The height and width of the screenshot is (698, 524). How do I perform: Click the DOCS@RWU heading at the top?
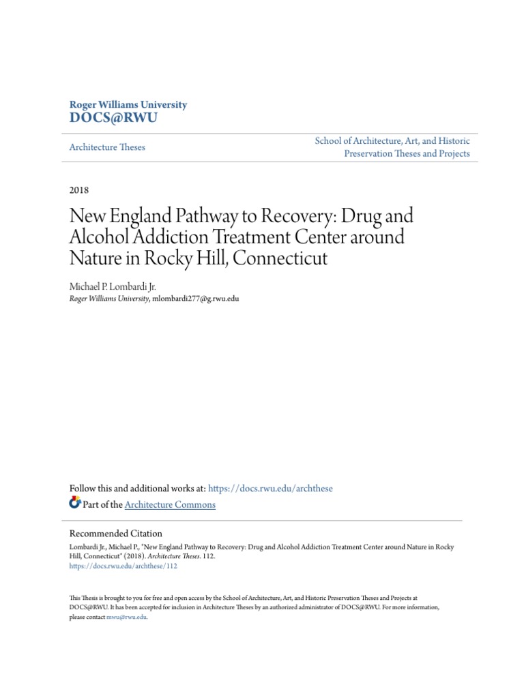click(113, 118)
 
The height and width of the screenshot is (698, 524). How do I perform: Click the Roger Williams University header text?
click(128, 105)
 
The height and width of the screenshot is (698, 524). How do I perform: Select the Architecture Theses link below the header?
click(107, 147)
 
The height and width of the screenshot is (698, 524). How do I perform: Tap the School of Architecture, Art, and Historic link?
click(392, 140)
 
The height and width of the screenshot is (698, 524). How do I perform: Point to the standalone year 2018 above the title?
click(79, 190)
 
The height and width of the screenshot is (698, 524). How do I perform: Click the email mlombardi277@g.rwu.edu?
click(196, 299)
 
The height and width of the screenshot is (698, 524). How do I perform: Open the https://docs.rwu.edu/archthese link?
click(270, 489)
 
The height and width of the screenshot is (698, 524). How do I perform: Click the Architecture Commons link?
click(171, 505)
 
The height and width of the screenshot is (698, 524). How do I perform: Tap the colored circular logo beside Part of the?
click(75, 504)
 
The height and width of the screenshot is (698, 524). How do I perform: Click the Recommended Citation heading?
click(116, 534)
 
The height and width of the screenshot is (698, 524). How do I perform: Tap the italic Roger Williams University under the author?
click(109, 299)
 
